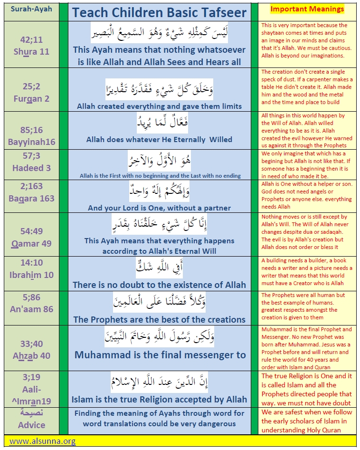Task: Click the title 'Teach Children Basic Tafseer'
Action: (x=160, y=12)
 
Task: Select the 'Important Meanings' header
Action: (x=307, y=9)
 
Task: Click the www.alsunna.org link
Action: (x=42, y=441)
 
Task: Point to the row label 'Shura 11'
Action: (x=31, y=51)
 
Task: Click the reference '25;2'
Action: (x=31, y=80)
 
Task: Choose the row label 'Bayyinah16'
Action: (x=31, y=142)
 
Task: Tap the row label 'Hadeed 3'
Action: (x=31, y=167)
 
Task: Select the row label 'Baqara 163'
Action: (x=31, y=198)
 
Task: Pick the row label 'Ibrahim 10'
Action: (x=31, y=275)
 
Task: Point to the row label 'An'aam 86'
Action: (x=31, y=309)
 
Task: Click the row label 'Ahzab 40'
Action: (x=31, y=355)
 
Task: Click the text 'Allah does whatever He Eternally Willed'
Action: (x=159, y=139)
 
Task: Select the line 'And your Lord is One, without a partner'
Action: (x=159, y=208)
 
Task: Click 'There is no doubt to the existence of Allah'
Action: (x=159, y=285)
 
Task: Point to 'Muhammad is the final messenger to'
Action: (x=160, y=354)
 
